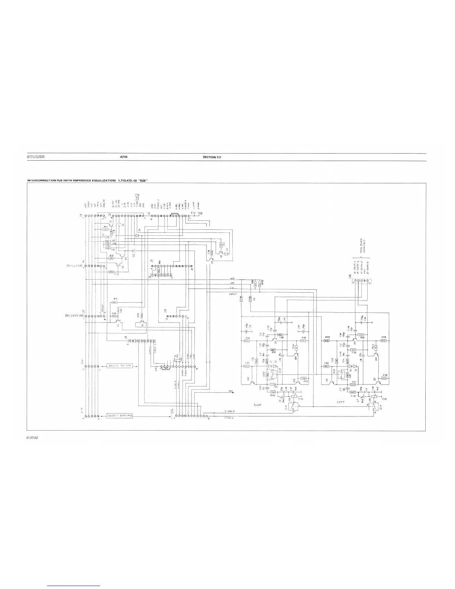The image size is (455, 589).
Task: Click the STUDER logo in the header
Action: tap(36, 157)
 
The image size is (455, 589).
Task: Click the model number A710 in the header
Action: tap(124, 157)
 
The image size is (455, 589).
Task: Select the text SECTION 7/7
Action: tap(212, 157)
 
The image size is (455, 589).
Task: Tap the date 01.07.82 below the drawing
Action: tap(33, 438)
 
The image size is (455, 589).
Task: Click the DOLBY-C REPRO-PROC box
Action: tap(120, 415)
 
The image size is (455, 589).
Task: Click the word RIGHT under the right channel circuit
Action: tap(258, 405)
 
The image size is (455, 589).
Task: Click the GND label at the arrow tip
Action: tap(231, 392)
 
